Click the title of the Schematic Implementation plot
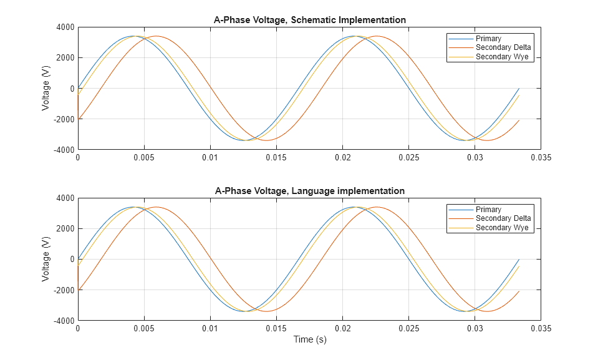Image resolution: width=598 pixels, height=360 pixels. tap(309, 20)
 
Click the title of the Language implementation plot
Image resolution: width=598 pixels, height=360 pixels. tap(309, 191)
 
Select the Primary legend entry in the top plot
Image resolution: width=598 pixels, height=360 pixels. tap(488, 39)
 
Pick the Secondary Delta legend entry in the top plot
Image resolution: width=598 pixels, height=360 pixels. tap(503, 48)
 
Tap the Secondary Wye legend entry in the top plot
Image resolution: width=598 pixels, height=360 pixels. tap(501, 57)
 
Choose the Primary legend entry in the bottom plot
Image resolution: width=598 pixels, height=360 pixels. tap(488, 210)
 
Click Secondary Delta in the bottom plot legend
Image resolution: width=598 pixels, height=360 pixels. tap(503, 218)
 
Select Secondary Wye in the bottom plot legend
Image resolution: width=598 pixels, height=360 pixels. tap(501, 228)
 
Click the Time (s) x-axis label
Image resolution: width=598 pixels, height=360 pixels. tap(309, 340)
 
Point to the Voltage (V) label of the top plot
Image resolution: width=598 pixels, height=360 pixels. tap(46, 88)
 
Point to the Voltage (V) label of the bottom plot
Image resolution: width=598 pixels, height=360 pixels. tap(46, 259)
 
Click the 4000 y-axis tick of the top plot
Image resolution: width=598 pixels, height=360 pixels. tap(64, 27)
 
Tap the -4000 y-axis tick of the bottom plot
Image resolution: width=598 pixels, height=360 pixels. tap(62, 321)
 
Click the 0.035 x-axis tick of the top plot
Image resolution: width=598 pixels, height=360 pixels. tap(541, 158)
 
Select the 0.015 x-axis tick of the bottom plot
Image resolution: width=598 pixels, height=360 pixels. tap(276, 329)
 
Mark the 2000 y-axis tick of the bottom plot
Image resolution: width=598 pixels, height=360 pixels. tap(64, 228)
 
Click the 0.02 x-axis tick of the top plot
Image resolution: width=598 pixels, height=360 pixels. tap(342, 158)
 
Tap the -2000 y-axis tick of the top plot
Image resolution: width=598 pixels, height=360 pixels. tap(62, 119)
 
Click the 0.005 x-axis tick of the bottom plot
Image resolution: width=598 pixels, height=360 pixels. tap(143, 329)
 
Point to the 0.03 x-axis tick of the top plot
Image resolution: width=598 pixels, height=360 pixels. tap(475, 158)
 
